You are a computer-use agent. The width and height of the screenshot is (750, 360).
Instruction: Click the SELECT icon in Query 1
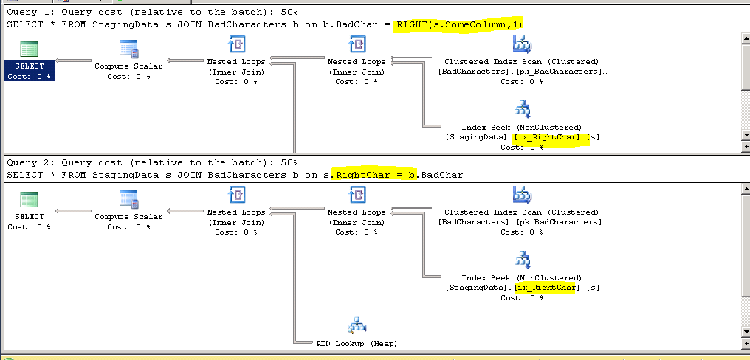point(30,49)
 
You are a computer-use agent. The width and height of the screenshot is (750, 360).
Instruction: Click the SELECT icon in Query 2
point(30,199)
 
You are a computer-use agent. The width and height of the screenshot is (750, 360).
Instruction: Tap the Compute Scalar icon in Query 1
point(129,49)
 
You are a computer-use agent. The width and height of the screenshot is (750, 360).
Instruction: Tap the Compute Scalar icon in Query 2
point(129,198)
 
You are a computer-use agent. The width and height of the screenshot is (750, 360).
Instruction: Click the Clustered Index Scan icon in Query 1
point(522,46)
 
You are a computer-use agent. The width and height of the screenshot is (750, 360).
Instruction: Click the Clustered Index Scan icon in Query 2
point(522,195)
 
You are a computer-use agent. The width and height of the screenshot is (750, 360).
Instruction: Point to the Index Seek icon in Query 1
point(522,111)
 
